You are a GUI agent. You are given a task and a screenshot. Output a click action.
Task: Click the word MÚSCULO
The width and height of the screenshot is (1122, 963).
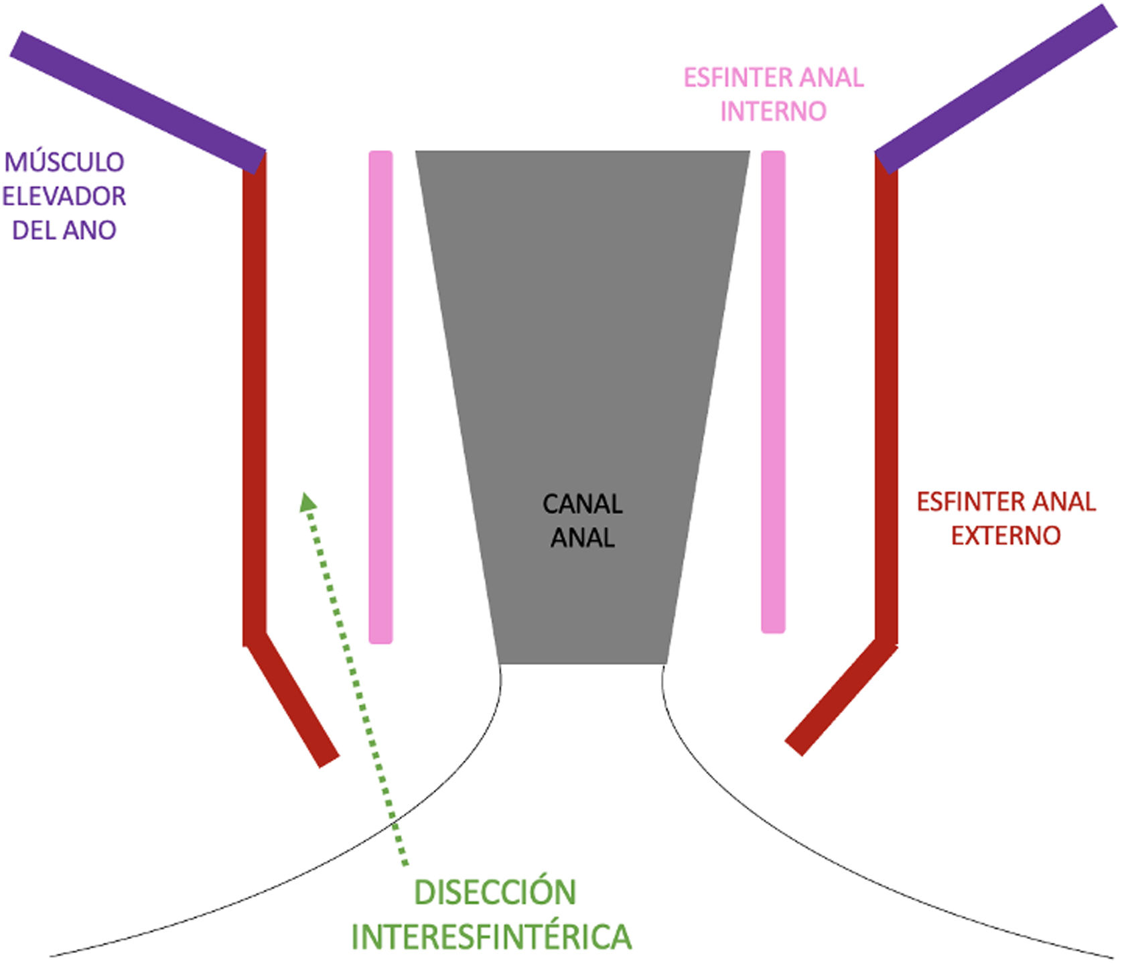point(64,162)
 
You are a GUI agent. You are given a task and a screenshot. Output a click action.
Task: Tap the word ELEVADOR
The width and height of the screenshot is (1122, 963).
point(64,196)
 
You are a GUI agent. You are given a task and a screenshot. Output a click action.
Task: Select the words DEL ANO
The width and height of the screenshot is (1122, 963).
point(64,231)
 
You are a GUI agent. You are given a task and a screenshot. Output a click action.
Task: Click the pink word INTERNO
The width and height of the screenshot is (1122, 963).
point(773,111)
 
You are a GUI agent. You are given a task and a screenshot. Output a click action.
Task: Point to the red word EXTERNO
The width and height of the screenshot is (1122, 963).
point(1005,535)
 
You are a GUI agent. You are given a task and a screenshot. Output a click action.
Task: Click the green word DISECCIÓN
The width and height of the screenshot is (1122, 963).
point(495,892)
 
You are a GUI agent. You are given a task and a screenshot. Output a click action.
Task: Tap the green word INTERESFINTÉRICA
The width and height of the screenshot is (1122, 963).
point(491,936)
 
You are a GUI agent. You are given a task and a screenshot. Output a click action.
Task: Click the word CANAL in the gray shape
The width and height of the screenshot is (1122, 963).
point(582,504)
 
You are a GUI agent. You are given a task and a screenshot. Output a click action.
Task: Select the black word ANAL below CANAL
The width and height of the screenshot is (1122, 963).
point(582,538)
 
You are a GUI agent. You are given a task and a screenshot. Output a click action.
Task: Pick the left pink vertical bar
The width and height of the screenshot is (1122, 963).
point(380,395)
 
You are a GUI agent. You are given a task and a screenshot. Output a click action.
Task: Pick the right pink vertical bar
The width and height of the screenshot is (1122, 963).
point(773,392)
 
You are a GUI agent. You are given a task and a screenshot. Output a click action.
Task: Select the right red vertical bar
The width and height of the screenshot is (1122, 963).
point(886,402)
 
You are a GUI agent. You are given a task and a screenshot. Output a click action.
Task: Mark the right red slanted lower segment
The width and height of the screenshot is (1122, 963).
point(841,697)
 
